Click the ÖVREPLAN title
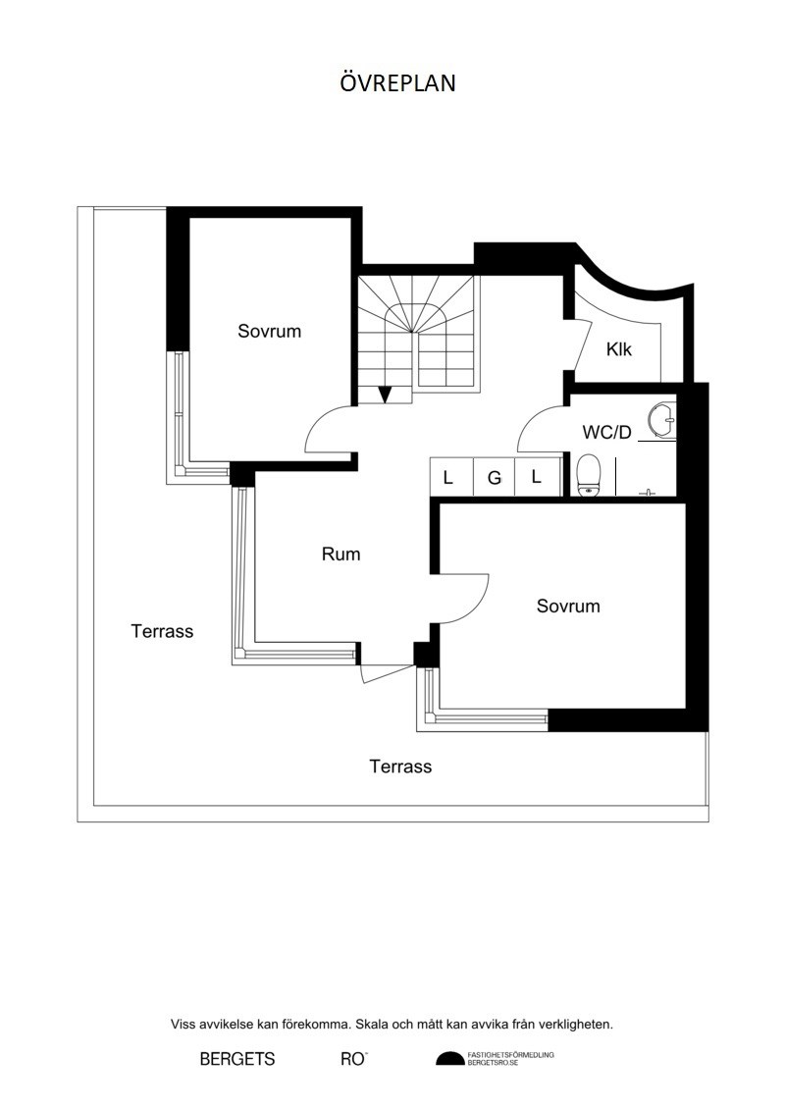397,82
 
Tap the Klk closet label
618,349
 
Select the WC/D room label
606,432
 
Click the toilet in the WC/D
589,475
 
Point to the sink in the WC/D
662,420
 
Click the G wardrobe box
495,477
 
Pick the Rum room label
340,554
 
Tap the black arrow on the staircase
385,395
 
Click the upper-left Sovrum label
269,331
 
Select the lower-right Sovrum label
568,606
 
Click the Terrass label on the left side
162,631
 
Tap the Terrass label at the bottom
400,766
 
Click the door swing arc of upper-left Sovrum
328,428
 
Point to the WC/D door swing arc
543,429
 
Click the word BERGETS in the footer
237,1059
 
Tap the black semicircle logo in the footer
449,1058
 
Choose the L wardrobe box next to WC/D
537,477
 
